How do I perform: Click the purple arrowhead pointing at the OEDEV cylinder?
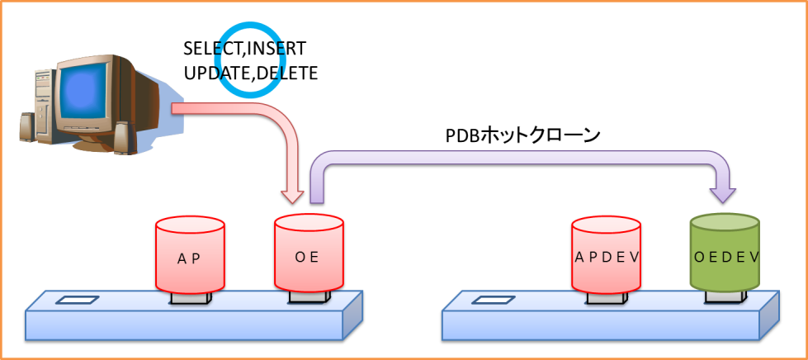tap(724, 194)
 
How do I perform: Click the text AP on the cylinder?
tap(189, 258)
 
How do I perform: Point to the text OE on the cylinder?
tap(307, 257)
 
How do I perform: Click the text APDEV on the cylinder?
tap(607, 257)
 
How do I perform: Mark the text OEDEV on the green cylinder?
tap(725, 257)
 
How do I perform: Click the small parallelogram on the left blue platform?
tap(77, 300)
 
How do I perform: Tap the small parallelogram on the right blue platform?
tap(494, 300)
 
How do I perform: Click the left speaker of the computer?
tap(27, 128)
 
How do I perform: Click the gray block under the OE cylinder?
tap(309, 296)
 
